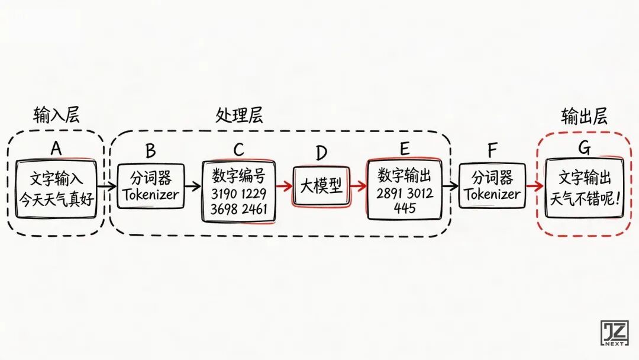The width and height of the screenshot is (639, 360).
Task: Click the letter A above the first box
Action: pyautogui.click(x=56, y=148)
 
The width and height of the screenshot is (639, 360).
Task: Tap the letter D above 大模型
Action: pyautogui.click(x=321, y=153)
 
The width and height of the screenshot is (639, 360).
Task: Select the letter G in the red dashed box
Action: pyautogui.click(x=584, y=148)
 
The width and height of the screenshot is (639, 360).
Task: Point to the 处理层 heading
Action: pyautogui.click(x=239, y=115)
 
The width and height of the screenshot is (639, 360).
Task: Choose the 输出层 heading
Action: pyautogui.click(x=584, y=116)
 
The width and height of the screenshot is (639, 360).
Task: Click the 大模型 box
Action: pyautogui.click(x=320, y=187)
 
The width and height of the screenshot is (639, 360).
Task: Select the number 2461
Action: pyautogui.click(x=254, y=208)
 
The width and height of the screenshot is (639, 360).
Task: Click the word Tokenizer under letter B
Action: pyautogui.click(x=150, y=193)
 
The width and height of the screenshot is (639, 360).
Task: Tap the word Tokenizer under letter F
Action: pyautogui.click(x=492, y=194)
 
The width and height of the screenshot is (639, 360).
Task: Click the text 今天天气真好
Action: pyautogui.click(x=57, y=199)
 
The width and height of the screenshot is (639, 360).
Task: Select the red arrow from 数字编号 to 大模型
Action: pyautogui.click(x=284, y=187)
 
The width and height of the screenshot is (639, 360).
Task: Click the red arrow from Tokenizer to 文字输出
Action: pyautogui.click(x=535, y=186)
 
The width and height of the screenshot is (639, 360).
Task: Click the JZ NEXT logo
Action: pyautogui.click(x=614, y=334)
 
